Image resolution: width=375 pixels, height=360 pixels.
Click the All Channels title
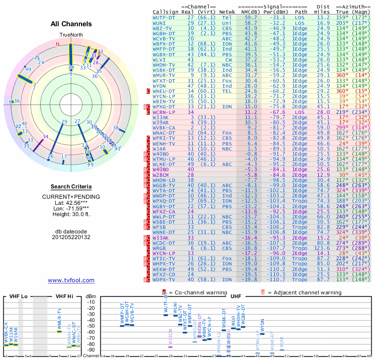[x=71, y=24]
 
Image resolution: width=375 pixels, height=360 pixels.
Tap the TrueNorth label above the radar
[x=71, y=35]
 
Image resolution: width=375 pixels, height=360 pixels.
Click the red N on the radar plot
[x=58, y=45]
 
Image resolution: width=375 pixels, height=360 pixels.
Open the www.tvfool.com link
[x=71, y=280]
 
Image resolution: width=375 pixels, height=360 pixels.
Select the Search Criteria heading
[x=71, y=187]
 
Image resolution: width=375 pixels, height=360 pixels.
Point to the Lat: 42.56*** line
[x=71, y=202]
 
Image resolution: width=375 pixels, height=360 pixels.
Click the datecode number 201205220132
[x=71, y=237]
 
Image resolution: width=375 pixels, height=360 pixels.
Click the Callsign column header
[x=166, y=11]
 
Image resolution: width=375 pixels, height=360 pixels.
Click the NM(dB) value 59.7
[x=250, y=17]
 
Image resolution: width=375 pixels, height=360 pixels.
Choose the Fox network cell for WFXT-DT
[x=227, y=81]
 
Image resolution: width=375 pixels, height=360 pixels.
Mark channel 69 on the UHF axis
[x=369, y=356]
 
